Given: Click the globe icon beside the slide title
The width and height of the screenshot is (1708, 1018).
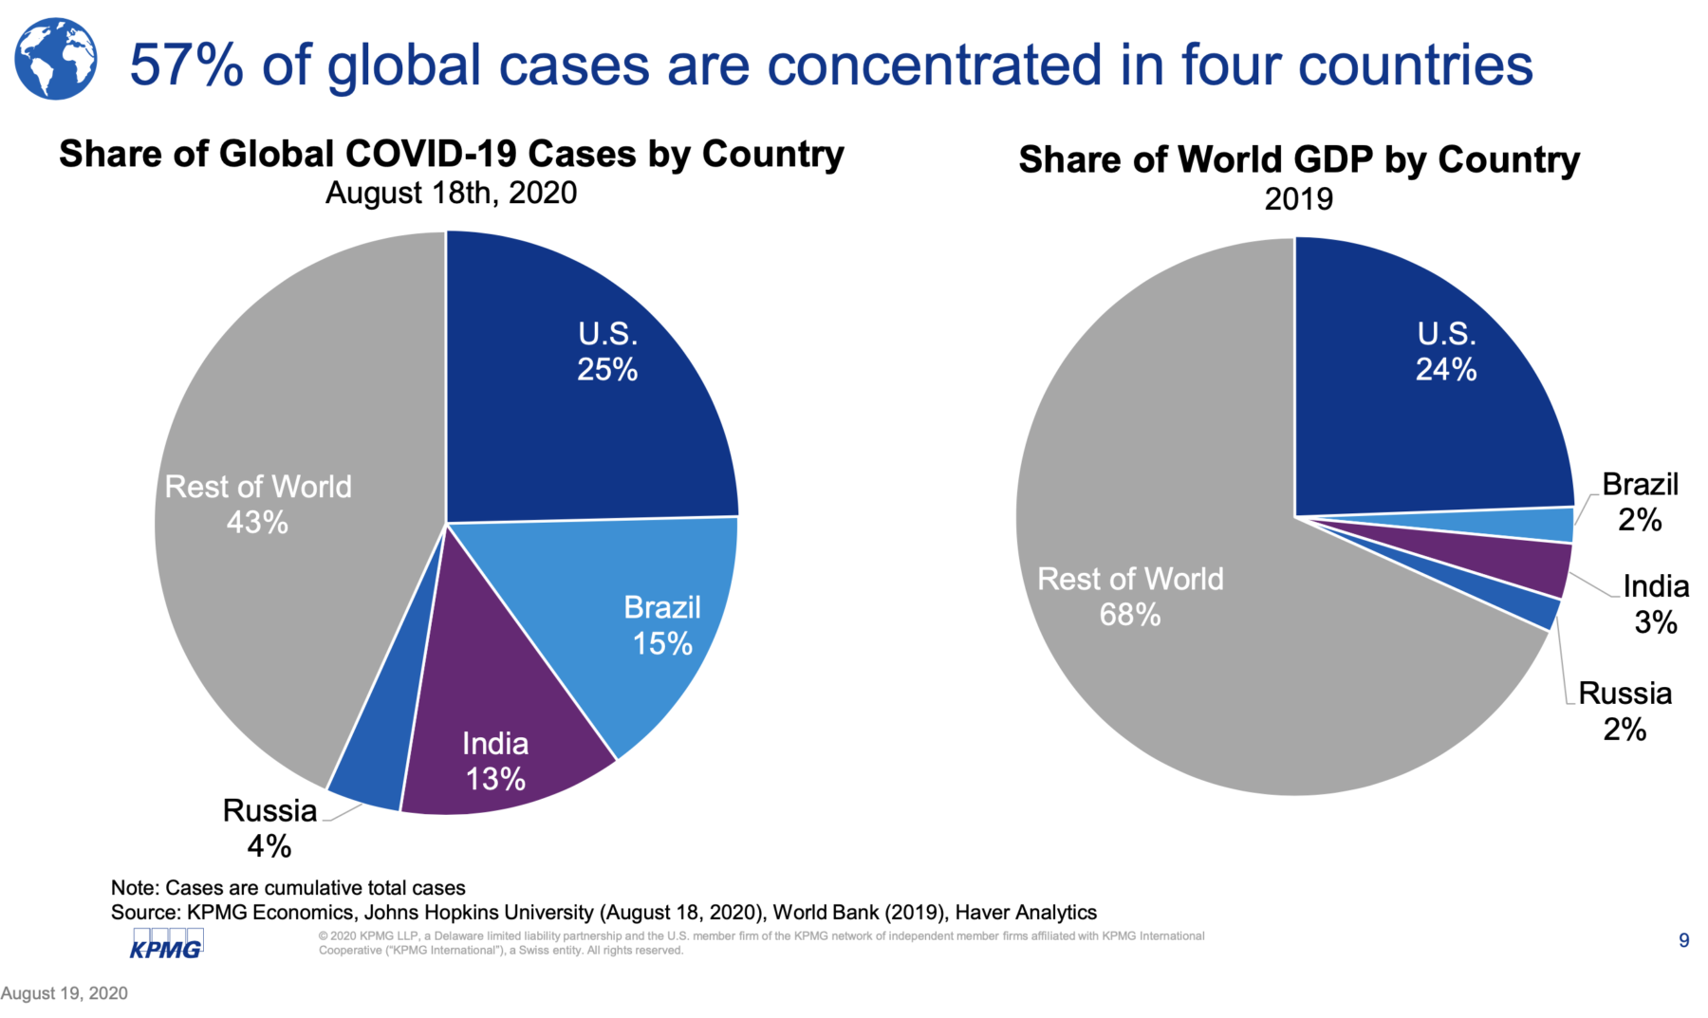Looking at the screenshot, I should [x=56, y=60].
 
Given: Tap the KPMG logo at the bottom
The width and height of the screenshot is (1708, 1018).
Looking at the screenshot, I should [x=166, y=945].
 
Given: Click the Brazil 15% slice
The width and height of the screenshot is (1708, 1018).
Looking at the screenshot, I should [x=636, y=617].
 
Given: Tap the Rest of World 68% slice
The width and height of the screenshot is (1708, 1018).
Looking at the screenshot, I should [x=1186, y=617].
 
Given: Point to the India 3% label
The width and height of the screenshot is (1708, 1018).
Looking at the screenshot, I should [x=1656, y=604].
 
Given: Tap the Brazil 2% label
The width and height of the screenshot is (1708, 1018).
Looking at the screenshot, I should [x=1640, y=502].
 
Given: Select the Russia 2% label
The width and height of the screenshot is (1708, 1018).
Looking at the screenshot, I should [x=1624, y=711].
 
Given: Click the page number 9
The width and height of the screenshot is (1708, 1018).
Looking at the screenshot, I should [x=1684, y=940].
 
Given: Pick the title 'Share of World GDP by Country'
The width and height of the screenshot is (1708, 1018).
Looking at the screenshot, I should [x=1299, y=159].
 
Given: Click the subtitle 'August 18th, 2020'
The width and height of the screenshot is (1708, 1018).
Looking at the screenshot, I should [x=451, y=193].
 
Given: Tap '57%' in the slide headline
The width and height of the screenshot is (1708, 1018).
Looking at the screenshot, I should [x=186, y=65].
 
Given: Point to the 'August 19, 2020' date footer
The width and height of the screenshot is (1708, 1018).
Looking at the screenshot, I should [x=64, y=993].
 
